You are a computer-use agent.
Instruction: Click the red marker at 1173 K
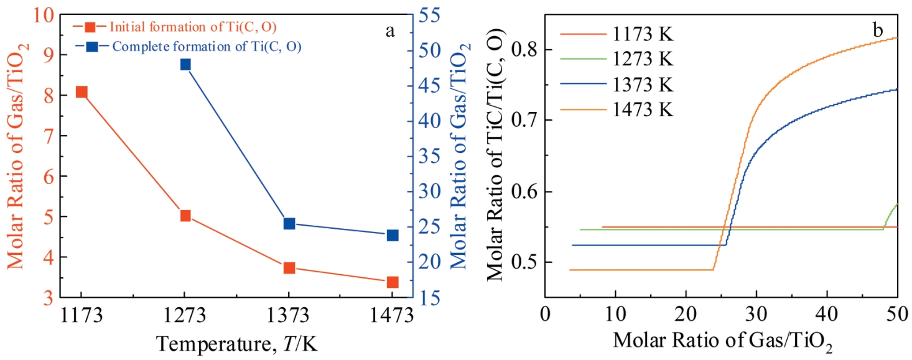(x=81, y=92)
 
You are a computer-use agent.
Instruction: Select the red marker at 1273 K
(x=185, y=216)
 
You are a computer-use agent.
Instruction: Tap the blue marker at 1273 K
(x=185, y=64)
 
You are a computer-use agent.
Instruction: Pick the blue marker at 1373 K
(x=289, y=223)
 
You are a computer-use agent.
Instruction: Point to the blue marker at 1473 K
(x=393, y=235)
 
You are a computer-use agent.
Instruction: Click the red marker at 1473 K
(x=393, y=282)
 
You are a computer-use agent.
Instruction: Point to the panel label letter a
(x=390, y=31)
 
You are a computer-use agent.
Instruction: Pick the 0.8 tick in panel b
(x=524, y=49)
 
